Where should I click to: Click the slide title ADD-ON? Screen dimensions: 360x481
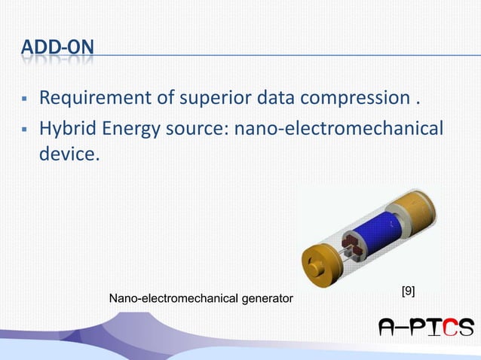click(x=59, y=50)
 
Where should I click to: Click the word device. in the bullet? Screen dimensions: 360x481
click(x=69, y=157)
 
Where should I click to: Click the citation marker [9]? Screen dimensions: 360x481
click(x=407, y=291)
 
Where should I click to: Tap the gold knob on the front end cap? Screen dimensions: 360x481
click(x=313, y=265)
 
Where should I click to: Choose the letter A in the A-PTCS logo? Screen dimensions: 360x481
click(x=390, y=328)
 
